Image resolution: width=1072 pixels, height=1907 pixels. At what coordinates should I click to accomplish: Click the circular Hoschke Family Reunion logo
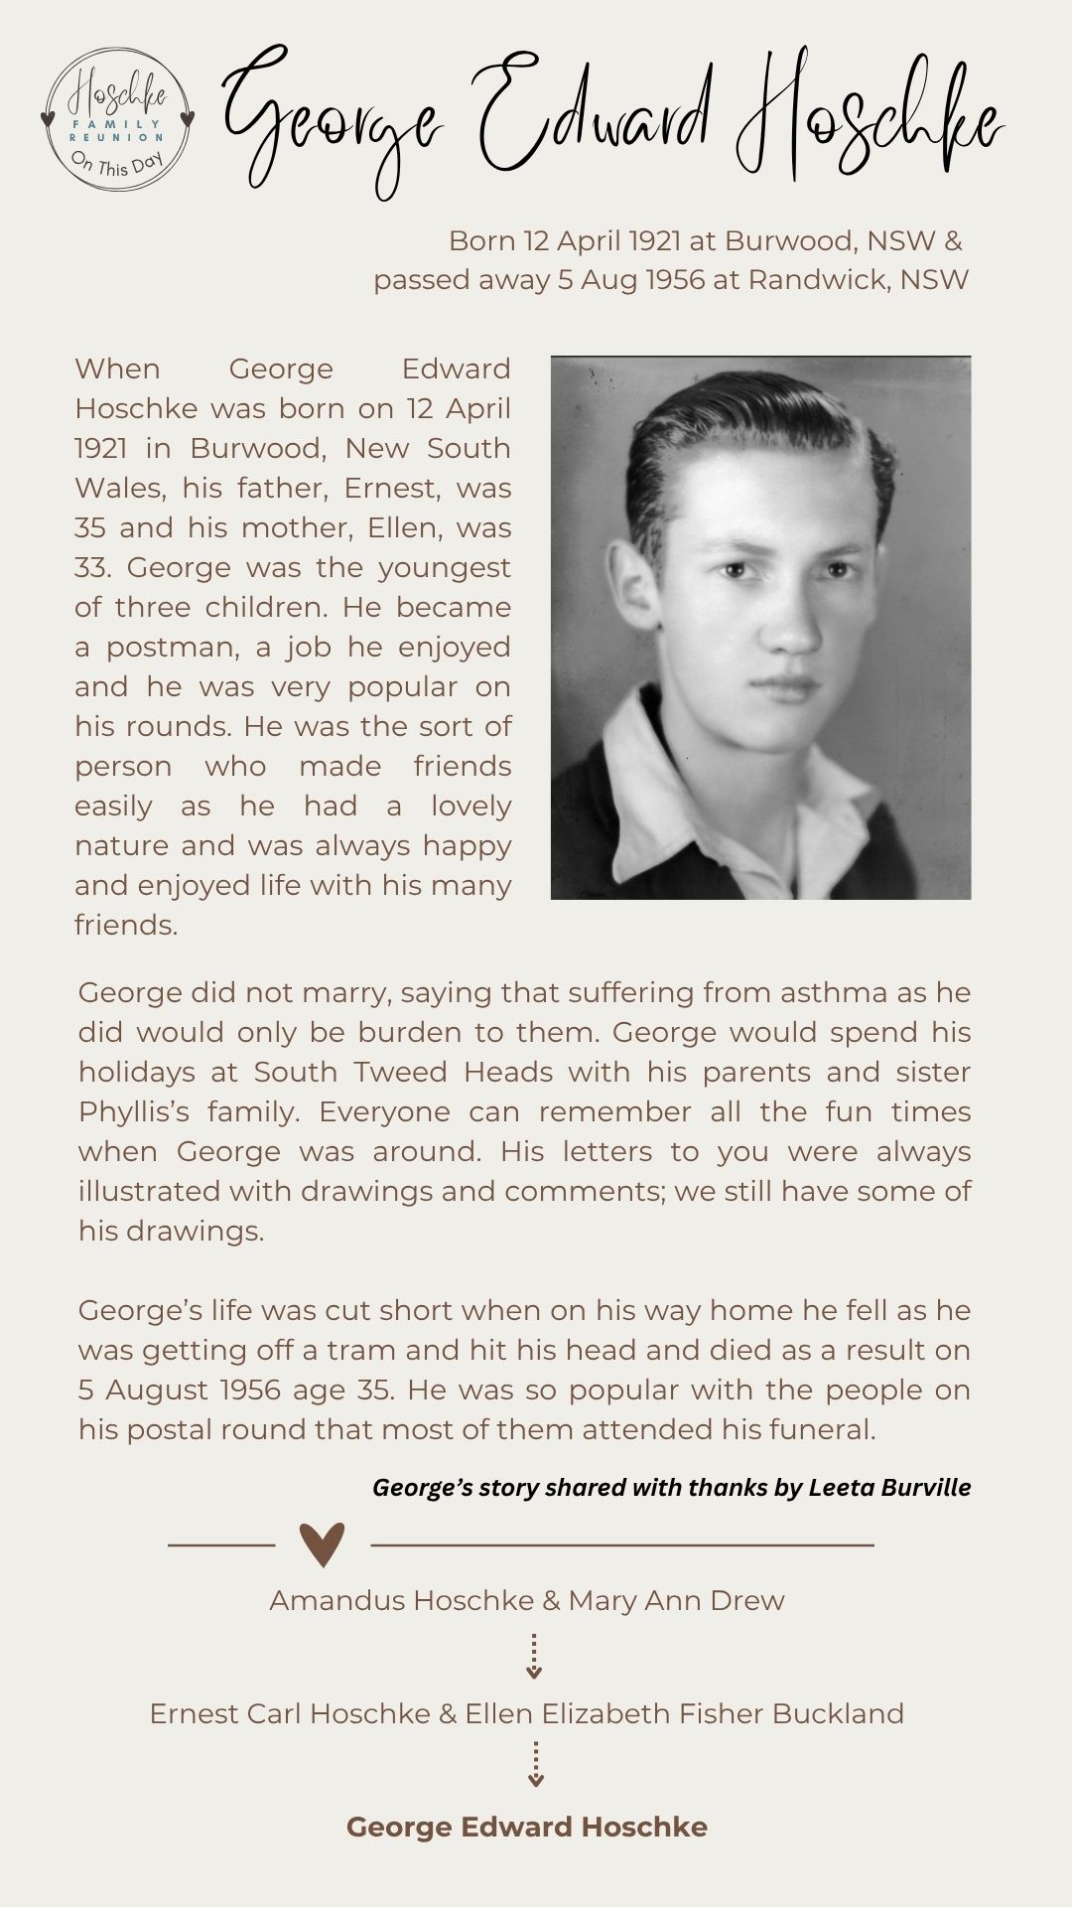point(117,122)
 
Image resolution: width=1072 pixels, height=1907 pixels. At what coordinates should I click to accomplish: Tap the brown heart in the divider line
point(322,1544)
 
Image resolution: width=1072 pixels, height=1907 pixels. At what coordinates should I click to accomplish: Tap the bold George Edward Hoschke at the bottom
point(526,1827)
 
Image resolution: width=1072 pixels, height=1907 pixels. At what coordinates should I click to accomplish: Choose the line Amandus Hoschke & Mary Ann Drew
point(526,1600)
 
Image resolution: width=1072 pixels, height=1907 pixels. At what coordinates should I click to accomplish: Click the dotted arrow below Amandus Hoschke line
point(534,1656)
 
